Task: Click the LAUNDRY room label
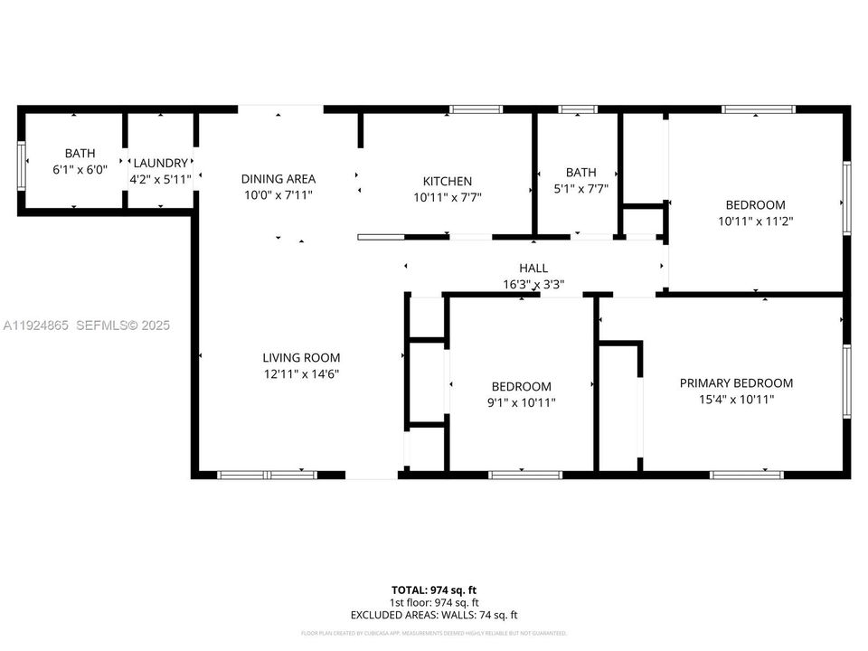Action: [161, 163]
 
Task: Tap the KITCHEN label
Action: [448, 182]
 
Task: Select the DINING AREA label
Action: [278, 179]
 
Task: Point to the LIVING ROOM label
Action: [301, 358]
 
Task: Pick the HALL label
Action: [533, 269]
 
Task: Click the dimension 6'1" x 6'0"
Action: [80, 169]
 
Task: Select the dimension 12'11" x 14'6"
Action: [301, 374]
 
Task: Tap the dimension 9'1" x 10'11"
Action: [522, 403]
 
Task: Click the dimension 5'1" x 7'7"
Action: [581, 189]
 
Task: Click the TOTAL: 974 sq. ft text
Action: [434, 589]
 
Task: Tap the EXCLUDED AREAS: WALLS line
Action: [434, 616]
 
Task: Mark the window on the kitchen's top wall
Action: [476, 109]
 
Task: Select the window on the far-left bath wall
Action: [21, 165]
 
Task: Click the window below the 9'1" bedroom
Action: [524, 475]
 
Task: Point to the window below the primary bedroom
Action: [747, 475]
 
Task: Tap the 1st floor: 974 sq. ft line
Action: [434, 602]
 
